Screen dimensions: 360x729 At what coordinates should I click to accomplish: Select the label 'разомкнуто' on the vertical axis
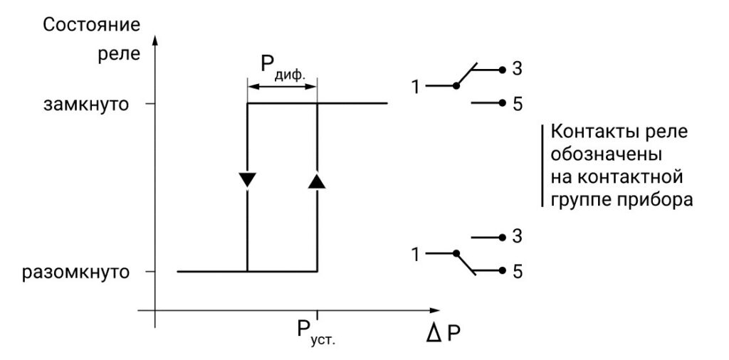point(76,272)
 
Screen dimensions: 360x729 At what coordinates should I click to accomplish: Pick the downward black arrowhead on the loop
point(247,179)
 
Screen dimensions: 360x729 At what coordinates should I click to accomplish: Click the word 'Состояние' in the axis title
point(91,24)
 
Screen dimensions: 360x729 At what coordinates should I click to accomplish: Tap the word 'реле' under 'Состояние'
point(115,54)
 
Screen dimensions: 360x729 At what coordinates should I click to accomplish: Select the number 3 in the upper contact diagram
point(518,70)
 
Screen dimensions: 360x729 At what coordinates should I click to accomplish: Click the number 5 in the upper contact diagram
point(518,104)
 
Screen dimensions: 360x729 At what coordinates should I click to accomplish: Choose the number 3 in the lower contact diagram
point(518,237)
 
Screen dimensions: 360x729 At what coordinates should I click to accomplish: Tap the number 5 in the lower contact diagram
point(518,271)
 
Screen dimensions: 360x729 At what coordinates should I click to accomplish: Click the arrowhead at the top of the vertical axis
point(154,36)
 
